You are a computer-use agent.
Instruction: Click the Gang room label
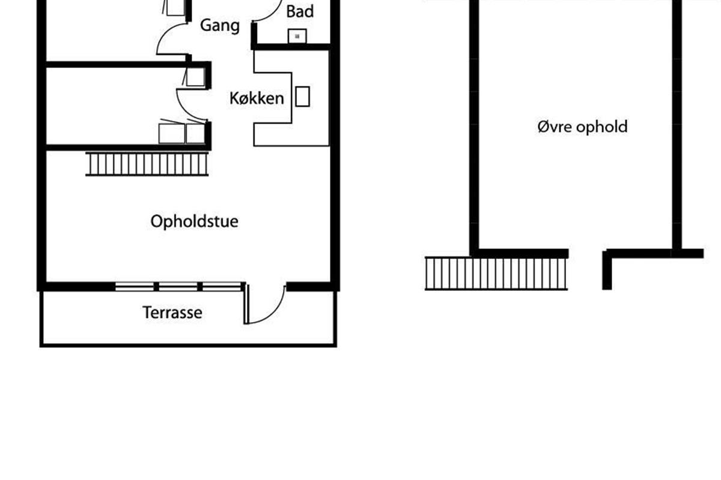(219, 25)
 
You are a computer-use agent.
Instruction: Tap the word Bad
(300, 11)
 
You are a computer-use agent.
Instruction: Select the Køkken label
(257, 98)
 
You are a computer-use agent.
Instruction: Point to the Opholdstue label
(194, 221)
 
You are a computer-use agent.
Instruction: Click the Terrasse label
(172, 313)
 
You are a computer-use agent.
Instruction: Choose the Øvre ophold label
(582, 127)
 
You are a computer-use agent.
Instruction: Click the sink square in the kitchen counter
(302, 97)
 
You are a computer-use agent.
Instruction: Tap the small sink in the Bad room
(297, 37)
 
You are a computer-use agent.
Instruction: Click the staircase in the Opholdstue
(147, 164)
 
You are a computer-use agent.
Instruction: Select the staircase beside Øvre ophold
(496, 274)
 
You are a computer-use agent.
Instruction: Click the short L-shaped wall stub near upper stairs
(608, 270)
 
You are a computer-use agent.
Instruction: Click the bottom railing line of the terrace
(188, 345)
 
